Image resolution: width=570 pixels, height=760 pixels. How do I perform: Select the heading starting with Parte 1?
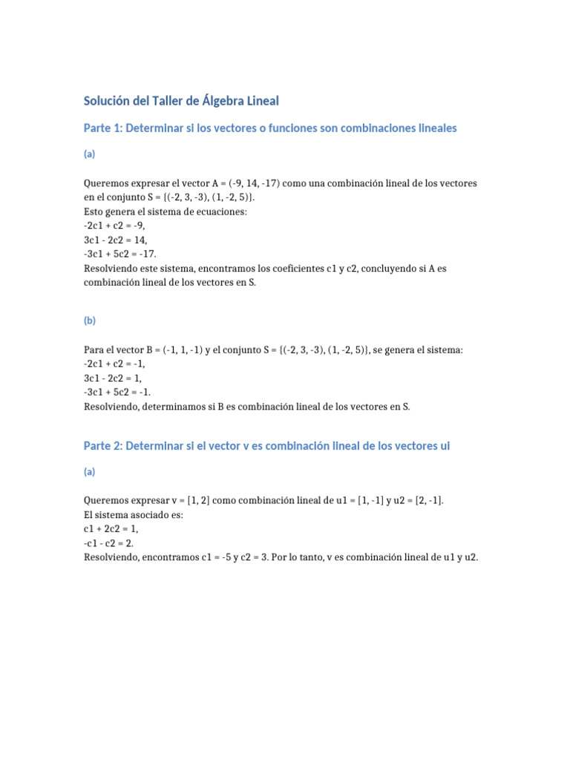tap(269, 128)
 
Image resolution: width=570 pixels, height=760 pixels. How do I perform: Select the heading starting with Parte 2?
tap(266, 446)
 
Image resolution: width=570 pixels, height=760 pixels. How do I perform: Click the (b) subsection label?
tap(89, 321)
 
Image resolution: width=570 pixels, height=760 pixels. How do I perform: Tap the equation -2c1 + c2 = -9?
tap(119, 226)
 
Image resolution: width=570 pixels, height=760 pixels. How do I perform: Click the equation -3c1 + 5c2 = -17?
tap(122, 255)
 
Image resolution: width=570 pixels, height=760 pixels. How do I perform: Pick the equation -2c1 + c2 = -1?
tap(115, 364)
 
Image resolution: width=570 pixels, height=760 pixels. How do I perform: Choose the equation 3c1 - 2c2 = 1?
tap(112, 378)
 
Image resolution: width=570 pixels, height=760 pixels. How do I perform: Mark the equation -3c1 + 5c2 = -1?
tap(117, 393)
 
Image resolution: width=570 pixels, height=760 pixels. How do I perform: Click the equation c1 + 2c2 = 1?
tap(111, 528)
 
